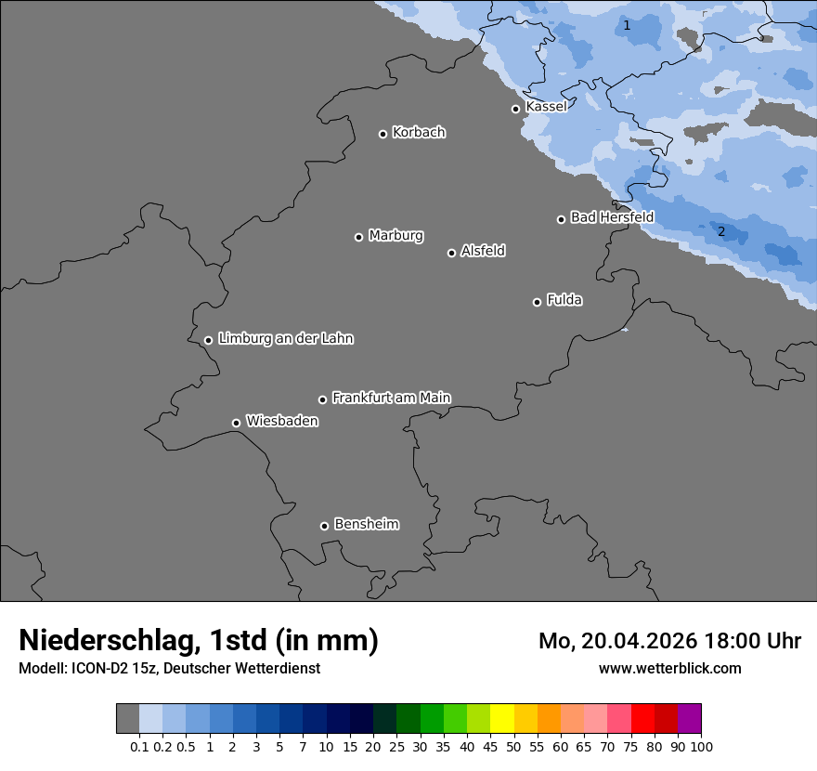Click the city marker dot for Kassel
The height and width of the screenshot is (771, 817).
[515, 109]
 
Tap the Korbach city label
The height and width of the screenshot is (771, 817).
[419, 133]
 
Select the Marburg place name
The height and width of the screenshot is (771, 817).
[396, 236]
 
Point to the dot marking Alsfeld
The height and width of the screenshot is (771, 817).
[451, 253]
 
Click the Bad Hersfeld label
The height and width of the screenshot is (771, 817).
[612, 217]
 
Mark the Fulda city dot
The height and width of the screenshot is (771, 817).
[537, 302]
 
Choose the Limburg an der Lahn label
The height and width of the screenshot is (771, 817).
[285, 339]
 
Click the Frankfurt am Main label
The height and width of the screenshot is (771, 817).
[391, 398]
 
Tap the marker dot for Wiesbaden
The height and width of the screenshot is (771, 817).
[236, 423]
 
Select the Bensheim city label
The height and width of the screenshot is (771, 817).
[366, 524]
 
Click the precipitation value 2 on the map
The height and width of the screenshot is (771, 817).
[721, 231]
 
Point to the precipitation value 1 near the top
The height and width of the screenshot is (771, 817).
[627, 25]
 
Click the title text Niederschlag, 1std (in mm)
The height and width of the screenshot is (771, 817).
[199, 640]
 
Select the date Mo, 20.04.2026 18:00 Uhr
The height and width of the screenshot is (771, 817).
[669, 641]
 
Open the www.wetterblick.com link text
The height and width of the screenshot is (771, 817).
[669, 668]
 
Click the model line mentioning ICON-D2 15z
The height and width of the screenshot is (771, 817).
[169, 668]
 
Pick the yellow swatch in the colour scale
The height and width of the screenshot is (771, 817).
[502, 719]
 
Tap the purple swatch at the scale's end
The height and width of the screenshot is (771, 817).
[689, 719]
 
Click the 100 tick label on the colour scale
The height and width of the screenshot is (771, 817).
[701, 746]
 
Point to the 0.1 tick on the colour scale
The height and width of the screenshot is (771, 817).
[139, 746]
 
